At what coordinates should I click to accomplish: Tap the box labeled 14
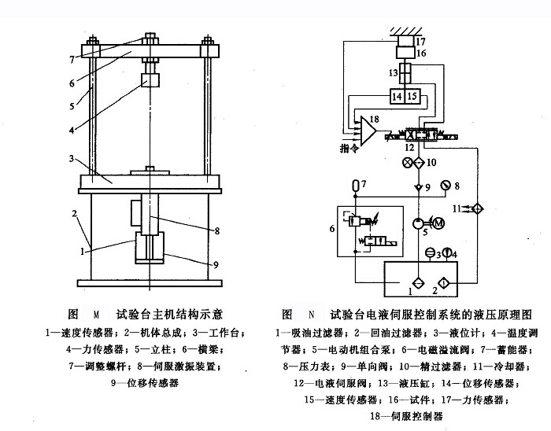coord(398,97)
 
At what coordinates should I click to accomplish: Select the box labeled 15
coord(415,97)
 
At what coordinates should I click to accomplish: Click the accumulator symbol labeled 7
coord(354,186)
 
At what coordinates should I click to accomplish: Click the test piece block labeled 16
coord(406,53)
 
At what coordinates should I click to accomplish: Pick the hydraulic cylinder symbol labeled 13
coord(405,75)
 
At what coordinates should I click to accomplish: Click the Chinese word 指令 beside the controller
coord(349,147)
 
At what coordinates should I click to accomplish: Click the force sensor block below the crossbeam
coord(150,81)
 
